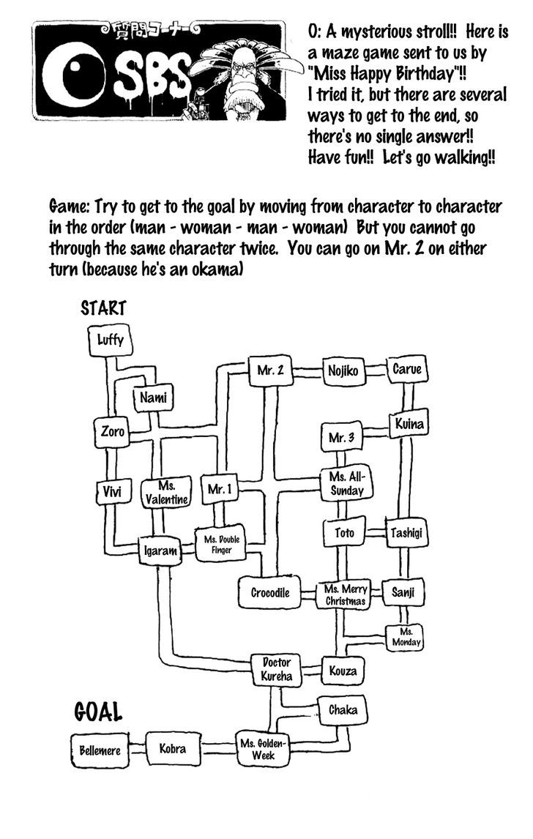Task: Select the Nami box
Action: click(x=153, y=398)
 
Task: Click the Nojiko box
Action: click(x=343, y=371)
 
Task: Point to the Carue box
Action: click(x=406, y=370)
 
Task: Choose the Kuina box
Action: click(x=409, y=424)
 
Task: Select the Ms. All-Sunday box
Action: click(x=346, y=483)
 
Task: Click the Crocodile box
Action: click(x=270, y=592)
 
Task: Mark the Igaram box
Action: click(x=160, y=551)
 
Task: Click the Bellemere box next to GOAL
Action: click(x=100, y=750)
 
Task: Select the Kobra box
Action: click(x=173, y=748)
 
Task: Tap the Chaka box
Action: click(x=342, y=709)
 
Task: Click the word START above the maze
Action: click(x=104, y=307)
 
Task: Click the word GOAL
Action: click(x=97, y=711)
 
